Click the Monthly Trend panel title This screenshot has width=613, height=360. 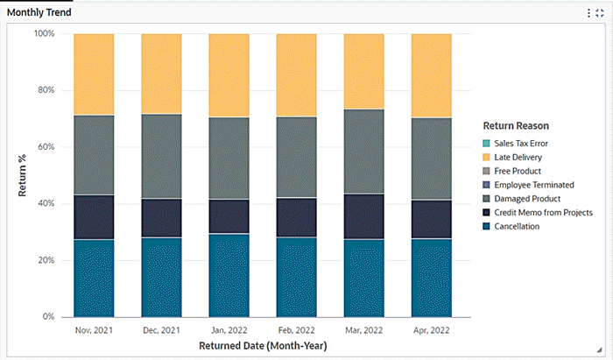coord(39,13)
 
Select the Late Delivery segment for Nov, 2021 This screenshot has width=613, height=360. coord(94,74)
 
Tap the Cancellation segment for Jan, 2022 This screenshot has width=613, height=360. coord(229,274)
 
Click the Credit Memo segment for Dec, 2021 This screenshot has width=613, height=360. coord(161,218)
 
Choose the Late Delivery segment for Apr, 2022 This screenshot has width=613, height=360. coord(431,76)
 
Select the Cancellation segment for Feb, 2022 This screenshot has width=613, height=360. coord(296,276)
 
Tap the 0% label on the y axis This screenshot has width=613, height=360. coord(47,317)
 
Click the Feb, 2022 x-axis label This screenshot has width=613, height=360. coord(296,330)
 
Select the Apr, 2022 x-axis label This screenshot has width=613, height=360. coord(431,330)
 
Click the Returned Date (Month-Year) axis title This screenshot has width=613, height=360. coord(262,346)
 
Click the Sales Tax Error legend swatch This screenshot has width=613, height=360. coord(486,143)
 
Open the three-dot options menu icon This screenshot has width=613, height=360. coord(588,13)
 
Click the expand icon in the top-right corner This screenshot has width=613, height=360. coord(601,13)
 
